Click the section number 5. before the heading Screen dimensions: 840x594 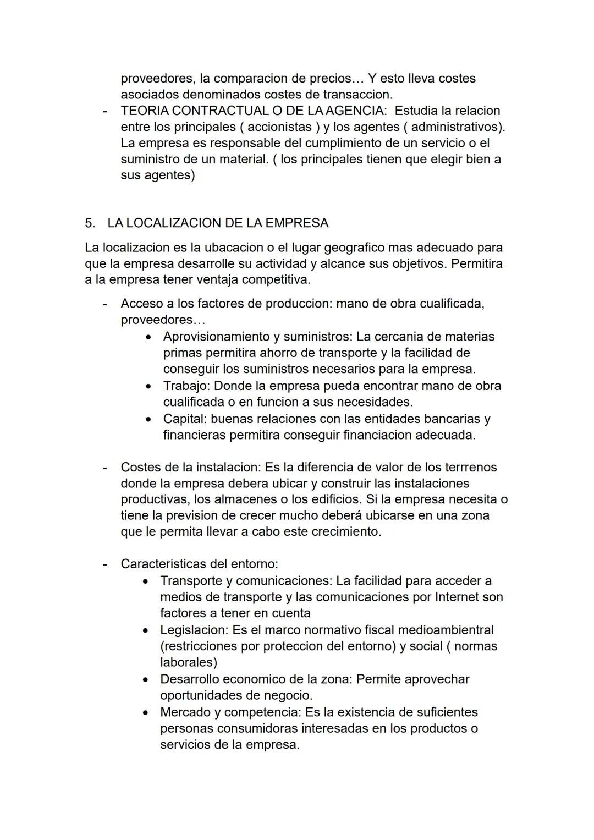90,223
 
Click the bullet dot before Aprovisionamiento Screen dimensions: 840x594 148,337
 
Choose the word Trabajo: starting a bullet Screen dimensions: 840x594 186,386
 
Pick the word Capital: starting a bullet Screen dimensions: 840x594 185,419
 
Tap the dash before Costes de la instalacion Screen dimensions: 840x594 104,467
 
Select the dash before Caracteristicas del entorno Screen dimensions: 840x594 104,564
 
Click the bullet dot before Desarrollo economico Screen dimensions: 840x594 145,680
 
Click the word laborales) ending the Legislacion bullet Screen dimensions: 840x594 189,662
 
